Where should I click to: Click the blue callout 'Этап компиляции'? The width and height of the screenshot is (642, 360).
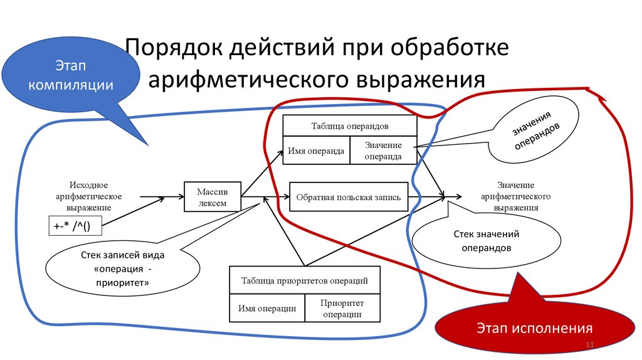click(x=70, y=75)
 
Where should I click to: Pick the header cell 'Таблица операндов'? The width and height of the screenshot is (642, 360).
click(x=350, y=125)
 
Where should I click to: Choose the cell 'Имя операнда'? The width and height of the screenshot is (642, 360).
click(x=317, y=151)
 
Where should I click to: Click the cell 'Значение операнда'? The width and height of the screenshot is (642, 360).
click(x=383, y=151)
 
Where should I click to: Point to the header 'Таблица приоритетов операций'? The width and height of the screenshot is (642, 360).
click(x=305, y=280)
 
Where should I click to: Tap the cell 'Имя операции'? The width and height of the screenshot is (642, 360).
click(x=267, y=308)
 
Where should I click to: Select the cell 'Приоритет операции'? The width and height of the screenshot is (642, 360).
click(x=342, y=308)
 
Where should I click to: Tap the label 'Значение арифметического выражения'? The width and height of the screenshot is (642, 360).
click(x=515, y=196)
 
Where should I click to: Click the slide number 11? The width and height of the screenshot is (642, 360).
click(x=589, y=346)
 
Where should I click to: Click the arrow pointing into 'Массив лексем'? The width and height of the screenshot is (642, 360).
click(x=153, y=198)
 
